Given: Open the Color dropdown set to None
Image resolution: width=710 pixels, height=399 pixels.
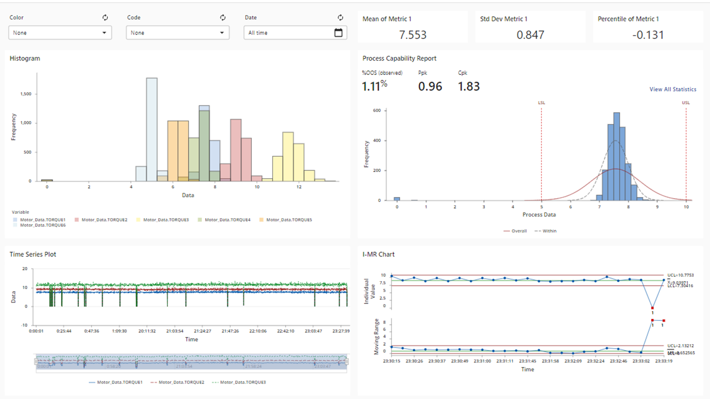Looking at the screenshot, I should [60, 33].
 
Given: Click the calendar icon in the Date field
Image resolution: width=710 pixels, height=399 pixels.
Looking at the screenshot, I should [338, 33].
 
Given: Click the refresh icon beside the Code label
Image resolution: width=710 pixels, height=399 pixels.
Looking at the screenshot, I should [223, 18].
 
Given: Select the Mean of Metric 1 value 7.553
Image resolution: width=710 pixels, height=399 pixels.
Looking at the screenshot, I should [413, 35].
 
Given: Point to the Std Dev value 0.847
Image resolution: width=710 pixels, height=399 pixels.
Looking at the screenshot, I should [530, 35].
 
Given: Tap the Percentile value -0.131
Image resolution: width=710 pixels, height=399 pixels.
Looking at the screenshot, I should [648, 35].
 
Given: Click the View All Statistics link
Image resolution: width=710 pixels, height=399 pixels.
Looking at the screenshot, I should [672, 89].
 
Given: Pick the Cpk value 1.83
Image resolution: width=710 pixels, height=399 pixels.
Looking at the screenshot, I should [469, 87].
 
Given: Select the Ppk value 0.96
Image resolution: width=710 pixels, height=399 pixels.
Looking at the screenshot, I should [430, 87].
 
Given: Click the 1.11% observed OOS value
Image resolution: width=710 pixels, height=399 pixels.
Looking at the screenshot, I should [374, 87].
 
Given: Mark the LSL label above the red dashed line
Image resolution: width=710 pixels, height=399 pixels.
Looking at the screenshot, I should [541, 103].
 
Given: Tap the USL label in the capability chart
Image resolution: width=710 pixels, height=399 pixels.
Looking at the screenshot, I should [686, 103].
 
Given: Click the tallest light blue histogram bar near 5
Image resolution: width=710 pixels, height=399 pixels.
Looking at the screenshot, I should [151, 128].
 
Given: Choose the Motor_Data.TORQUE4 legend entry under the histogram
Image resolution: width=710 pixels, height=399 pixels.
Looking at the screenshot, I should [227, 220].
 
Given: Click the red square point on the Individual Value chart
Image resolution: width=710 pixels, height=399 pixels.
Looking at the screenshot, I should [652, 308].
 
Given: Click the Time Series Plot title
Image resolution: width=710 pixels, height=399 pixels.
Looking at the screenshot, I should [33, 254].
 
